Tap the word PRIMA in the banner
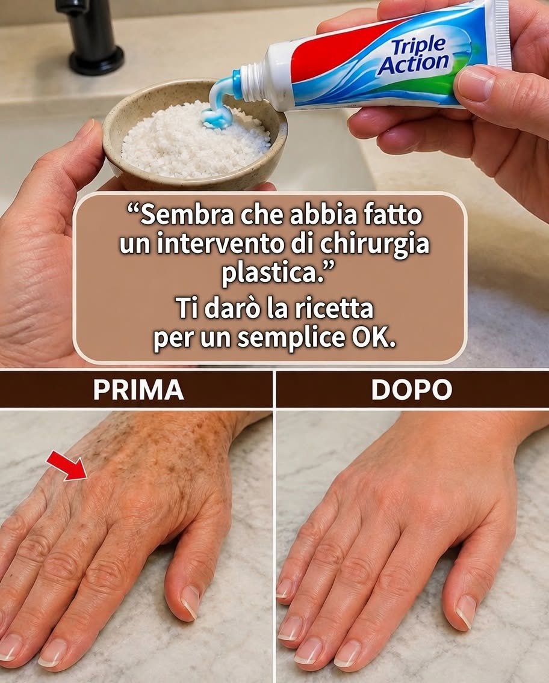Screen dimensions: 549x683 [x=138, y=390]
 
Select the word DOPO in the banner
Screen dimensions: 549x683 [x=412, y=390]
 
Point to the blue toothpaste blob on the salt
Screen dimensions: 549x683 [x=217, y=118]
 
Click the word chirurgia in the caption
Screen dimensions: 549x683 [x=374, y=244]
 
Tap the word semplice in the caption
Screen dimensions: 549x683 [x=291, y=338]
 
